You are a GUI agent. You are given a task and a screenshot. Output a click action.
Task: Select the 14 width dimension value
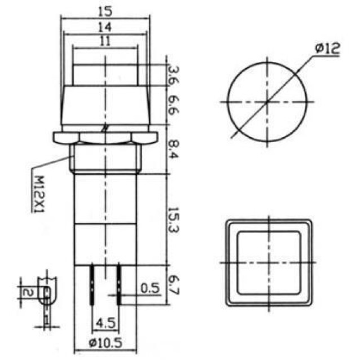[x=105, y=27]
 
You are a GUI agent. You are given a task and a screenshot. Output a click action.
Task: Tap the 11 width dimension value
[x=105, y=42]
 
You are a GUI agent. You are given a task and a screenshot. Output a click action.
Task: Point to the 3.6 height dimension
[x=174, y=75]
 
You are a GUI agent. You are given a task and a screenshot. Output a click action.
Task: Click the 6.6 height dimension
[x=174, y=106]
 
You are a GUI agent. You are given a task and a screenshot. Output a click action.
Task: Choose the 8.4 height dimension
[x=173, y=150]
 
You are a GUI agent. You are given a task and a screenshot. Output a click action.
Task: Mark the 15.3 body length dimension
[x=173, y=220]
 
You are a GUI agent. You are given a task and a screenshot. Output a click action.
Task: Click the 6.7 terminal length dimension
[x=173, y=285]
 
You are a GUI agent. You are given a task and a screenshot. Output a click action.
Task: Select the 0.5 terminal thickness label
[x=150, y=288]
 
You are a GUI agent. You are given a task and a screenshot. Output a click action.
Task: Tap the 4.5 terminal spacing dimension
[x=106, y=323]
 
